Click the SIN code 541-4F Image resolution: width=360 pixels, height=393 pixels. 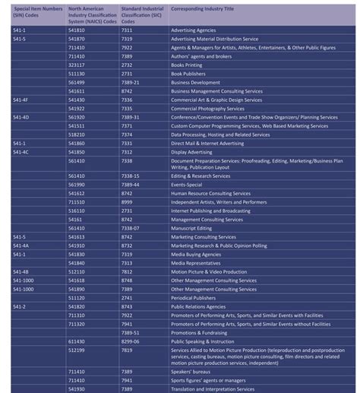(22, 99)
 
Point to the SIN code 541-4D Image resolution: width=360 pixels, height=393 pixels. (22, 117)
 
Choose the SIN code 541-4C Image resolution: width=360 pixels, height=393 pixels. (22, 151)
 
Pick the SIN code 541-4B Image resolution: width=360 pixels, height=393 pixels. (22, 271)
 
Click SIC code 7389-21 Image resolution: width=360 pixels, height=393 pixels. (130, 82)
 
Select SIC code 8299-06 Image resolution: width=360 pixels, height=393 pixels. (130, 341)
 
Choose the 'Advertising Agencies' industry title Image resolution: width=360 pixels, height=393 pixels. (194, 30)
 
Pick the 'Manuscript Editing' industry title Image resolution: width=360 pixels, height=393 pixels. (192, 228)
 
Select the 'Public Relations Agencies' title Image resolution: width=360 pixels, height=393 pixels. (199, 306)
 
